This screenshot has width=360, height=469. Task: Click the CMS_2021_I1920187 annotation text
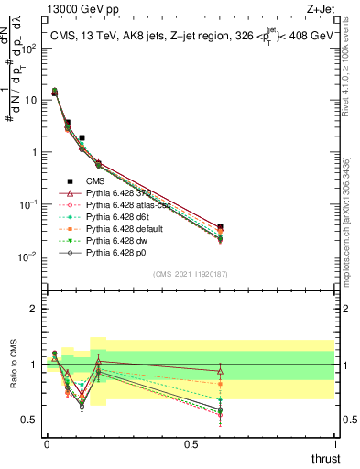click(x=190, y=274)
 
